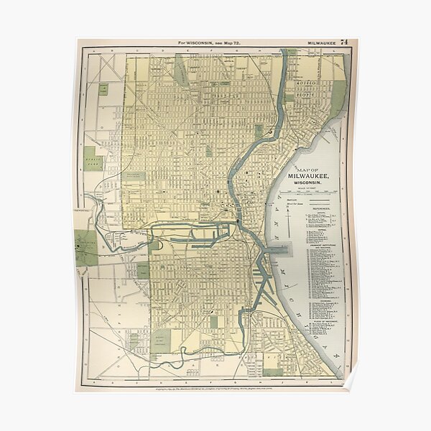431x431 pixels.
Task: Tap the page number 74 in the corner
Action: [346, 43]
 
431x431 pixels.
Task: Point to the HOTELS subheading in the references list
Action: [310, 229]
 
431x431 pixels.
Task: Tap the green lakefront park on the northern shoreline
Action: [337, 98]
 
